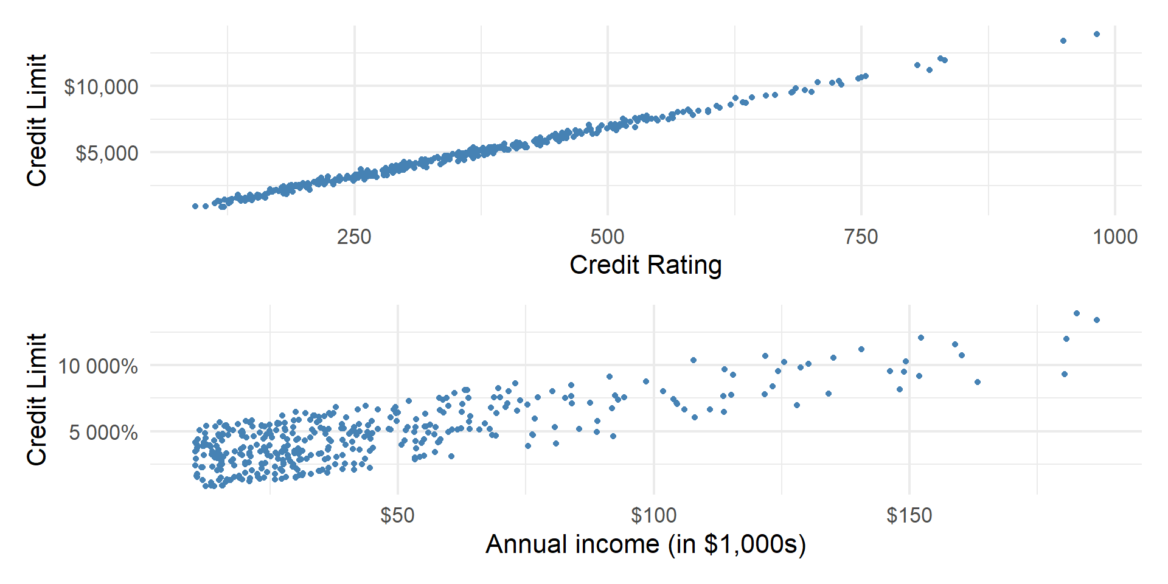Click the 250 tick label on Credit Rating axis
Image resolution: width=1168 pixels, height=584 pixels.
click(x=354, y=237)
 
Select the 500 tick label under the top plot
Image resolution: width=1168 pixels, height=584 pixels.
click(x=607, y=237)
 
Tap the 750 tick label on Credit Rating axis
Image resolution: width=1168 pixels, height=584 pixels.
click(x=861, y=237)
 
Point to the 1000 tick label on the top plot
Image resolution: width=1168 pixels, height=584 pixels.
click(x=1114, y=237)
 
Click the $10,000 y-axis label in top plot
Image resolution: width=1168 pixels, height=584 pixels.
click(x=101, y=87)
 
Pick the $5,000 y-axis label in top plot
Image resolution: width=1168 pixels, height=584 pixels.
click(x=106, y=153)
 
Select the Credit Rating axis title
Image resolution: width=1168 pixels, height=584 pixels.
click(x=645, y=265)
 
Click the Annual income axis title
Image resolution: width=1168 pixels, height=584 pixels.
click(x=645, y=544)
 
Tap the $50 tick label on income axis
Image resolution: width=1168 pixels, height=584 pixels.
click(x=397, y=516)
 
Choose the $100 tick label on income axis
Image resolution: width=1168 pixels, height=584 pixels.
click(x=653, y=516)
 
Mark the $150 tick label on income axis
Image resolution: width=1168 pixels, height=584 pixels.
click(x=909, y=516)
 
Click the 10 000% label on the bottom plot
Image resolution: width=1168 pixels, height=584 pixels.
click(x=97, y=366)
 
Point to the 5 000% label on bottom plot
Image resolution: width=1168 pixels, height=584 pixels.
click(x=103, y=433)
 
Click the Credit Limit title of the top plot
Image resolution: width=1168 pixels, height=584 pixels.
click(x=37, y=120)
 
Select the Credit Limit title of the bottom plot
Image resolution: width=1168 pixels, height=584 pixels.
click(x=37, y=399)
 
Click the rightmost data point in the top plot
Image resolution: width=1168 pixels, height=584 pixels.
click(x=1097, y=34)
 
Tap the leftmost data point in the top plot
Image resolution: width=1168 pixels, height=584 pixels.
click(x=195, y=206)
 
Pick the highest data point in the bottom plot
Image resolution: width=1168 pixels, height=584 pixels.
click(x=1077, y=313)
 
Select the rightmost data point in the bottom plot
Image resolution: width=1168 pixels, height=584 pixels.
click(x=1097, y=320)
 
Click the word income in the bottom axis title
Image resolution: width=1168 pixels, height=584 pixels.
click(x=617, y=544)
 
